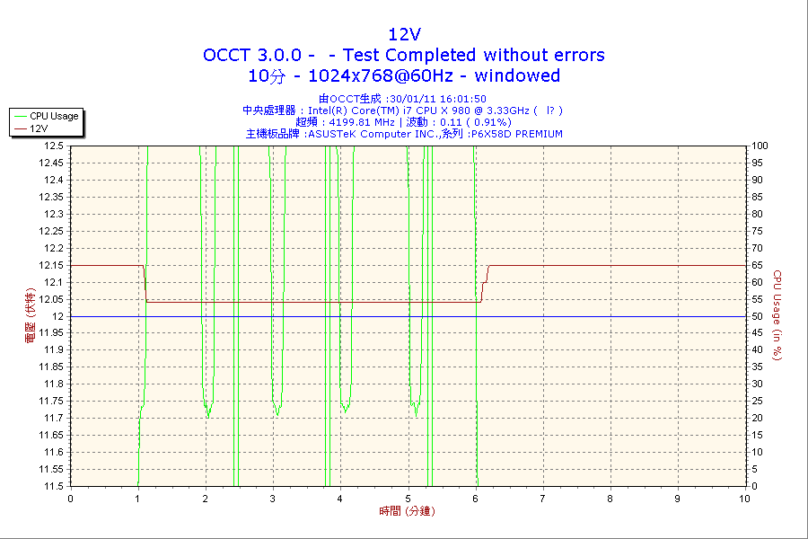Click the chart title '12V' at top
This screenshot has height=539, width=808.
pyautogui.click(x=403, y=34)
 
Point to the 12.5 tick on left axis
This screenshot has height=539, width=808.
pyautogui.click(x=53, y=146)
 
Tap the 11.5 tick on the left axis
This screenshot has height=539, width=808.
pyautogui.click(x=53, y=486)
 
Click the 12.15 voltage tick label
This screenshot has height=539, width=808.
pyautogui.click(x=51, y=265)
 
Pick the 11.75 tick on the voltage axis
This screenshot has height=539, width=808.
pyautogui.click(x=51, y=401)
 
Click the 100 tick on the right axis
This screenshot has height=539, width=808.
pyautogui.click(x=760, y=146)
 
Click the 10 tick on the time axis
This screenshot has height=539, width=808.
pyautogui.click(x=744, y=499)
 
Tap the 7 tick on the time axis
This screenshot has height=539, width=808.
pyautogui.click(x=542, y=499)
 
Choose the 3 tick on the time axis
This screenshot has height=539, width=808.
pyautogui.click(x=272, y=499)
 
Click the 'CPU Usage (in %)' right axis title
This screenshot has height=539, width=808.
pyautogui.click(x=778, y=315)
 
